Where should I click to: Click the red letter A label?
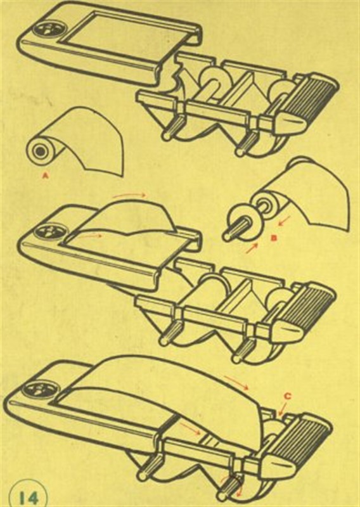[x=46, y=176]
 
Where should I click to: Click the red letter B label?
[x=274, y=238]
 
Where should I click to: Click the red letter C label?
[x=288, y=395]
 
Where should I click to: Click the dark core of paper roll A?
[x=40, y=151]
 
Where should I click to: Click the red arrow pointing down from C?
[x=281, y=408]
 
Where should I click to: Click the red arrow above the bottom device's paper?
[x=237, y=383]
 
